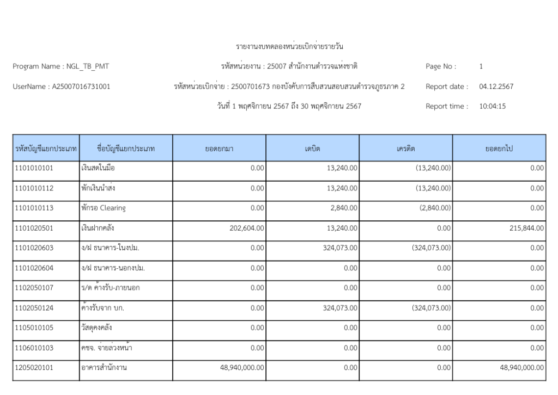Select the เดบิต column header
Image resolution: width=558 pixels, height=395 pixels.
tap(312, 147)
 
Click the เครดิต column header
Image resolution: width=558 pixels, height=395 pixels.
tap(405, 147)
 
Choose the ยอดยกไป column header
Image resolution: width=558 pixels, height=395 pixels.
tap(500, 147)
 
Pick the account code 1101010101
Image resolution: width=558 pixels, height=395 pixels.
tap(35, 168)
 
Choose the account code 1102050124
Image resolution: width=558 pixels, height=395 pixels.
tap(35, 308)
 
